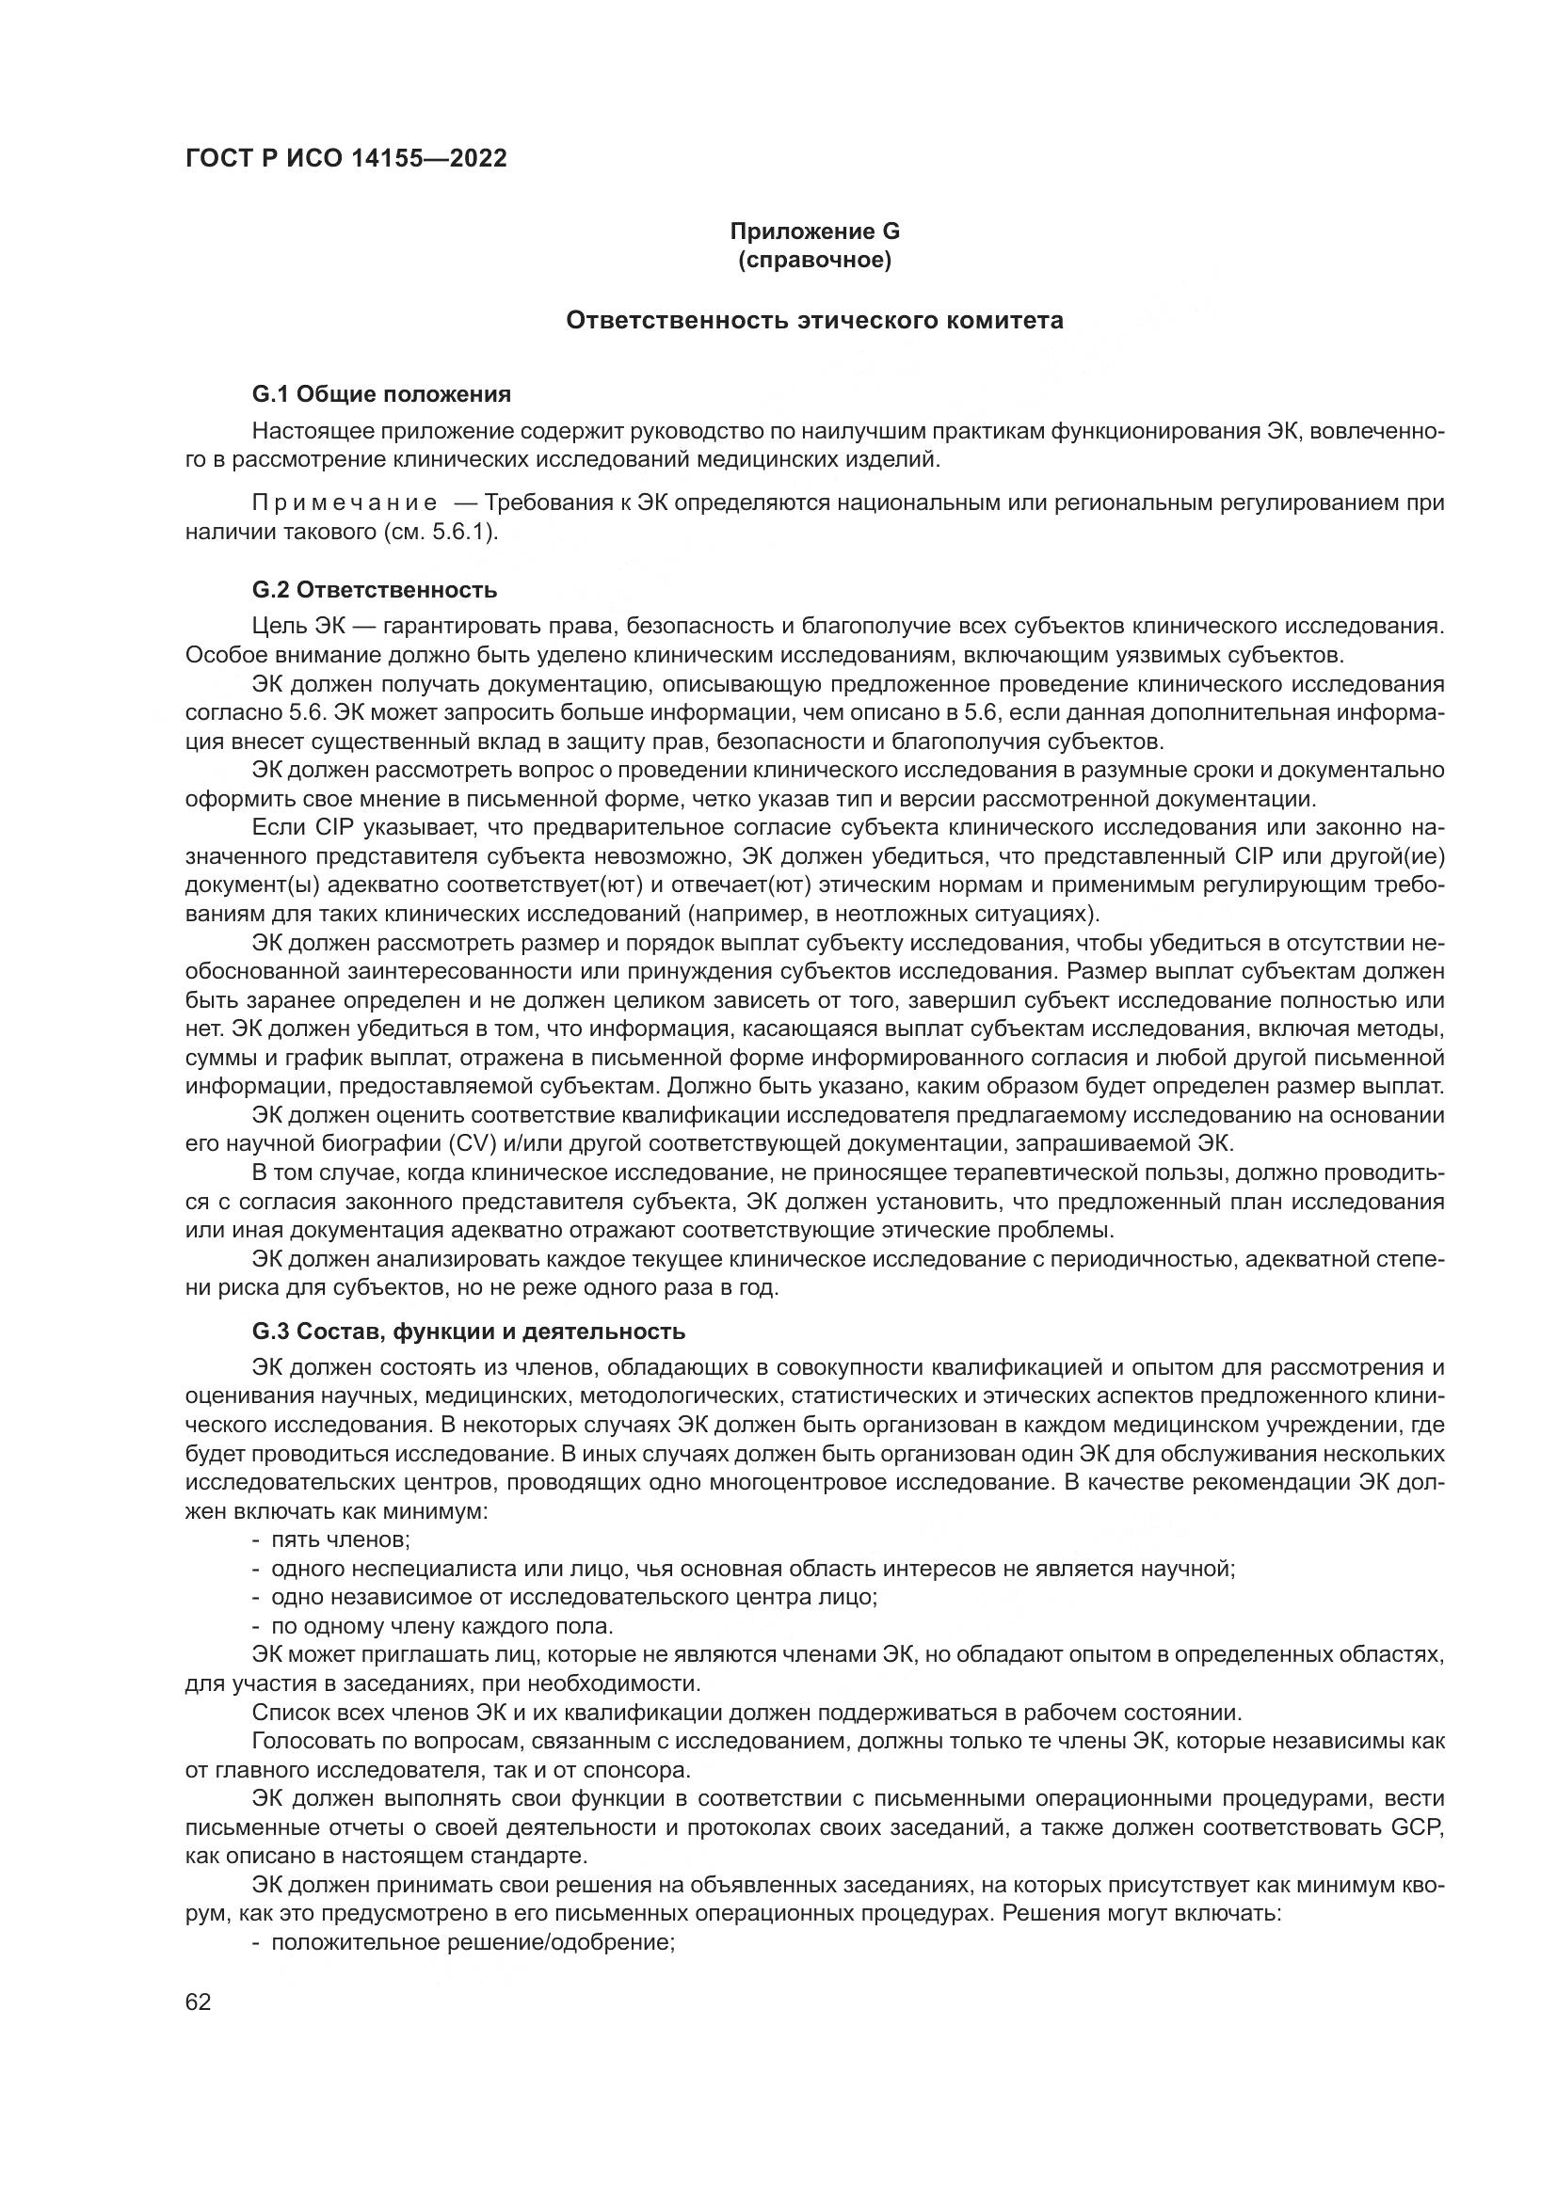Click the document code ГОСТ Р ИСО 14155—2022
[x=345, y=158]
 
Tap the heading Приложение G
[x=814, y=231]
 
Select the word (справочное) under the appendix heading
[x=814, y=260]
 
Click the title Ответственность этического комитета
[x=814, y=320]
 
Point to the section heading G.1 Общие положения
[x=380, y=394]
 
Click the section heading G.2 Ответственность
[x=374, y=590]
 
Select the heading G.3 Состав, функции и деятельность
[x=468, y=1332]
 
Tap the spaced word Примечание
[x=345, y=503]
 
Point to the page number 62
[x=198, y=2002]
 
